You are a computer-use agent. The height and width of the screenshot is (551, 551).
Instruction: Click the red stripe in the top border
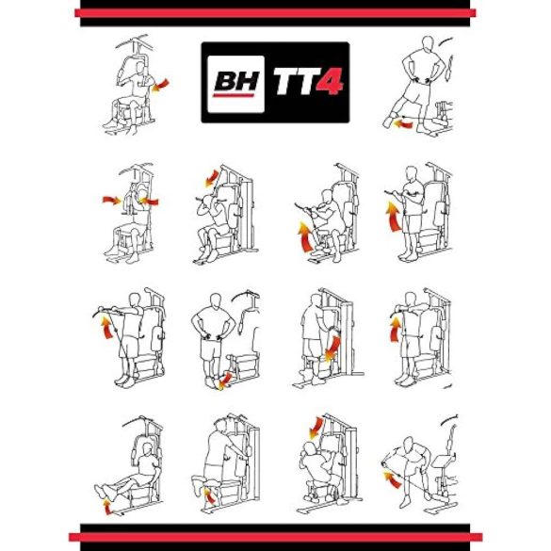(x=275, y=14)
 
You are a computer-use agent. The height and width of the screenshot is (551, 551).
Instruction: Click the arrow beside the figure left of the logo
(x=161, y=87)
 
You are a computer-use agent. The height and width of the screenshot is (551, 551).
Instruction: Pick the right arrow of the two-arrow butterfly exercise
(x=152, y=201)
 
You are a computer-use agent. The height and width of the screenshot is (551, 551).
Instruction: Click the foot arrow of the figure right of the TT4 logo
(x=403, y=122)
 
